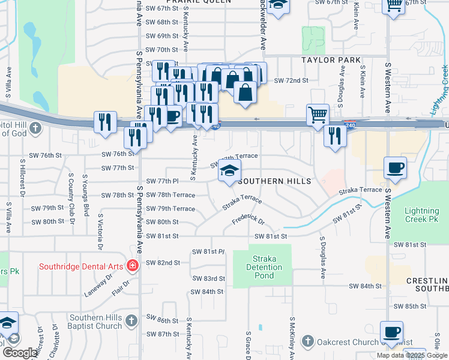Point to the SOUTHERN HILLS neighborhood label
pos(275,181)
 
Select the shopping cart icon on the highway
pos(317,113)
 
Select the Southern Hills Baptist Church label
pos(96,322)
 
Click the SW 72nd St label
pos(291,80)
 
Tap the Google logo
pos(20,353)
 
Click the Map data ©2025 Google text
pos(412,355)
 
